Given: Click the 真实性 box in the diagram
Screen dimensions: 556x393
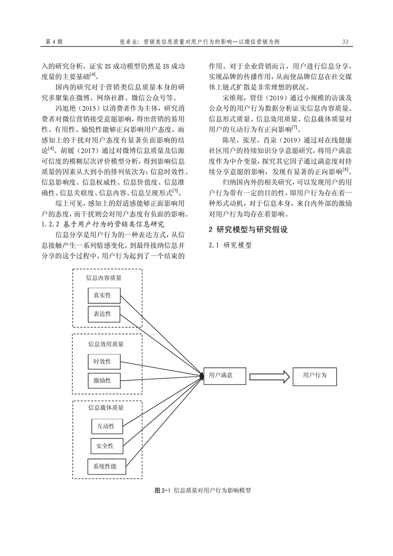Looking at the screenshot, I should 103,296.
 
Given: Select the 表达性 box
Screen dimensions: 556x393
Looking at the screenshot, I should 103,314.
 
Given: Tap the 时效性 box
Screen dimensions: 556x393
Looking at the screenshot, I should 103,361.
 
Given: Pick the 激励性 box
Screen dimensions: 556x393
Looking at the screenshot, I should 103,380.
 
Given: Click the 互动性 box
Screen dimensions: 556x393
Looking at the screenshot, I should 106,426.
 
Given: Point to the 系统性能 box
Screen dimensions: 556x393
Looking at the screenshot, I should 106,466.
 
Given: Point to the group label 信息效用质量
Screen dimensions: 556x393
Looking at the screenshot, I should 106,343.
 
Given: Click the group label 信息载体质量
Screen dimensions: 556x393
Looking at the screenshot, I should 106,408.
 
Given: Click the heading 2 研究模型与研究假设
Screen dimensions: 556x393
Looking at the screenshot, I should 248,230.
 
